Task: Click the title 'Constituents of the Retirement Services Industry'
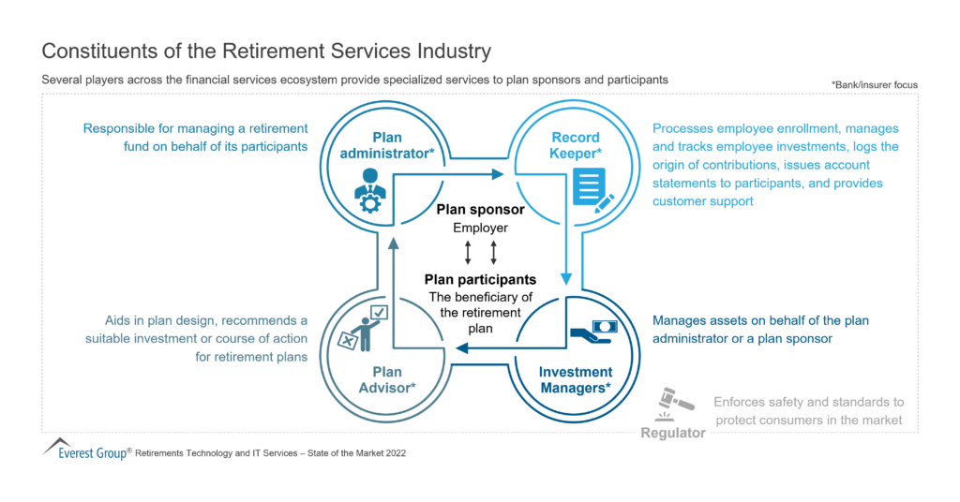pyautogui.click(x=266, y=50)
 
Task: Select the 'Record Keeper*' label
pyautogui.click(x=576, y=145)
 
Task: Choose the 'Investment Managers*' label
pyautogui.click(x=576, y=379)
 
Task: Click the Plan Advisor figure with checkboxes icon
pyautogui.click(x=362, y=327)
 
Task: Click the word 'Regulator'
pyautogui.click(x=673, y=433)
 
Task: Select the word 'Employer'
pyautogui.click(x=481, y=228)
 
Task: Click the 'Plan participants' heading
pyautogui.click(x=480, y=279)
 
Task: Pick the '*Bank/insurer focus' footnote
pyautogui.click(x=874, y=84)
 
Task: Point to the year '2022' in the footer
pyautogui.click(x=392, y=452)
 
